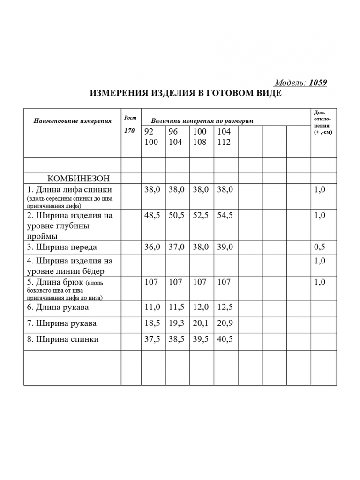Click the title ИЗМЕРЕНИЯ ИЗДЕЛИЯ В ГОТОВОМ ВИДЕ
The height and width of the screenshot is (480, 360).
pyautogui.click(x=186, y=93)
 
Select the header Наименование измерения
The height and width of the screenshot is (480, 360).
pyautogui.click(x=73, y=120)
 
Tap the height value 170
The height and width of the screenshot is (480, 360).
pyautogui.click(x=129, y=131)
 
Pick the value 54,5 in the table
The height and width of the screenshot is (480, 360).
pyautogui.click(x=225, y=216)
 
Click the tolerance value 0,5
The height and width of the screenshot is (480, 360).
pyautogui.click(x=320, y=247)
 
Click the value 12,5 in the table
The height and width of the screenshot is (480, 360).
pyautogui.click(x=225, y=307)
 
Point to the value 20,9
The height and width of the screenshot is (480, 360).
pyautogui.click(x=225, y=323)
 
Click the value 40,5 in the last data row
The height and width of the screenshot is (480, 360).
pyautogui.click(x=225, y=339)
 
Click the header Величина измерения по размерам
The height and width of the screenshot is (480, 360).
pyautogui.click(x=202, y=120)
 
